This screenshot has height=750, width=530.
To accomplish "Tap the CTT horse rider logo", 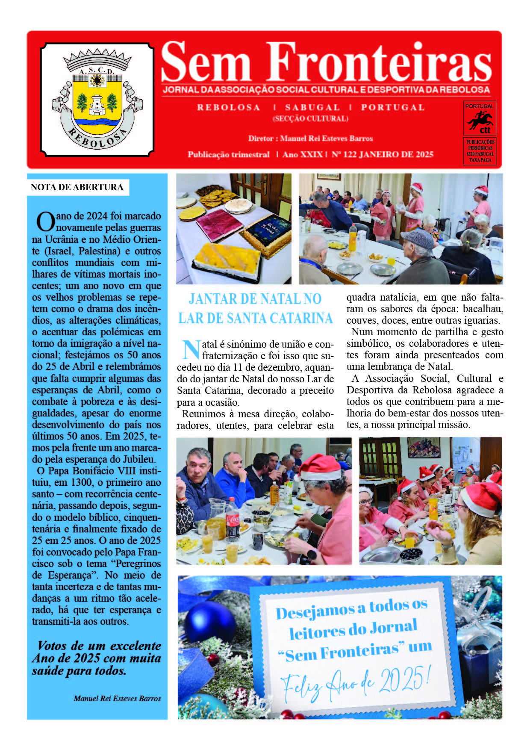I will tap(480, 121).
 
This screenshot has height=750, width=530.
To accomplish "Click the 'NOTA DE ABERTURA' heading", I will tap(77, 187).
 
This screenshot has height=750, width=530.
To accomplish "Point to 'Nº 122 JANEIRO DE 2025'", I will tap(382, 154).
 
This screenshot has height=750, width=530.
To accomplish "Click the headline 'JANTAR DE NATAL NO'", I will tap(255, 299).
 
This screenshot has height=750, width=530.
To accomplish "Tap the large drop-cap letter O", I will tap(45, 222).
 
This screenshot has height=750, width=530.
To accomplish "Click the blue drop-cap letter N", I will tap(191, 350).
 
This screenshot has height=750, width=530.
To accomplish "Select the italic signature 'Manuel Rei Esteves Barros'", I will tap(117, 699).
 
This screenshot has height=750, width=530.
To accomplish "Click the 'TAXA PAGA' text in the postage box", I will tap(480, 160).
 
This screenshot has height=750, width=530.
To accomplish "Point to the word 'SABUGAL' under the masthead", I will tap(312, 107).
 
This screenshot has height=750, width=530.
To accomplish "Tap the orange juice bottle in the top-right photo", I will tap(353, 238).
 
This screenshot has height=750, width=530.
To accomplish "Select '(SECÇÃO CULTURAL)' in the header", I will tap(311, 118).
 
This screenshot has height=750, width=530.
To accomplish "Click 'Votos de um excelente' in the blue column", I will tap(99, 646).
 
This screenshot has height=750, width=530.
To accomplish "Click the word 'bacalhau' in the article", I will tap(483, 309).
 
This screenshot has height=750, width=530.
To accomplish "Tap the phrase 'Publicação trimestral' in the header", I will tap(229, 154).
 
